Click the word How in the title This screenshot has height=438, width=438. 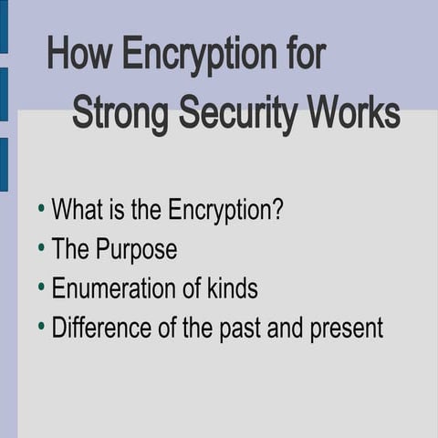79,56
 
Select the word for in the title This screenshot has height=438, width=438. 303,56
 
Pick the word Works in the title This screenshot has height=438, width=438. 353,114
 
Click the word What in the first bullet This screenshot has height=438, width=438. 78,210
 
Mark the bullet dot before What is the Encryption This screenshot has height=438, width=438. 41,209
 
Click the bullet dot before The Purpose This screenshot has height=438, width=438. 41,248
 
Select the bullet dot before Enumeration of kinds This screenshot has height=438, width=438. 41,287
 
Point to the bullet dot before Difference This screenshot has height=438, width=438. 41,327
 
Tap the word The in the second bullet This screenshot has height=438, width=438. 68,249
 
